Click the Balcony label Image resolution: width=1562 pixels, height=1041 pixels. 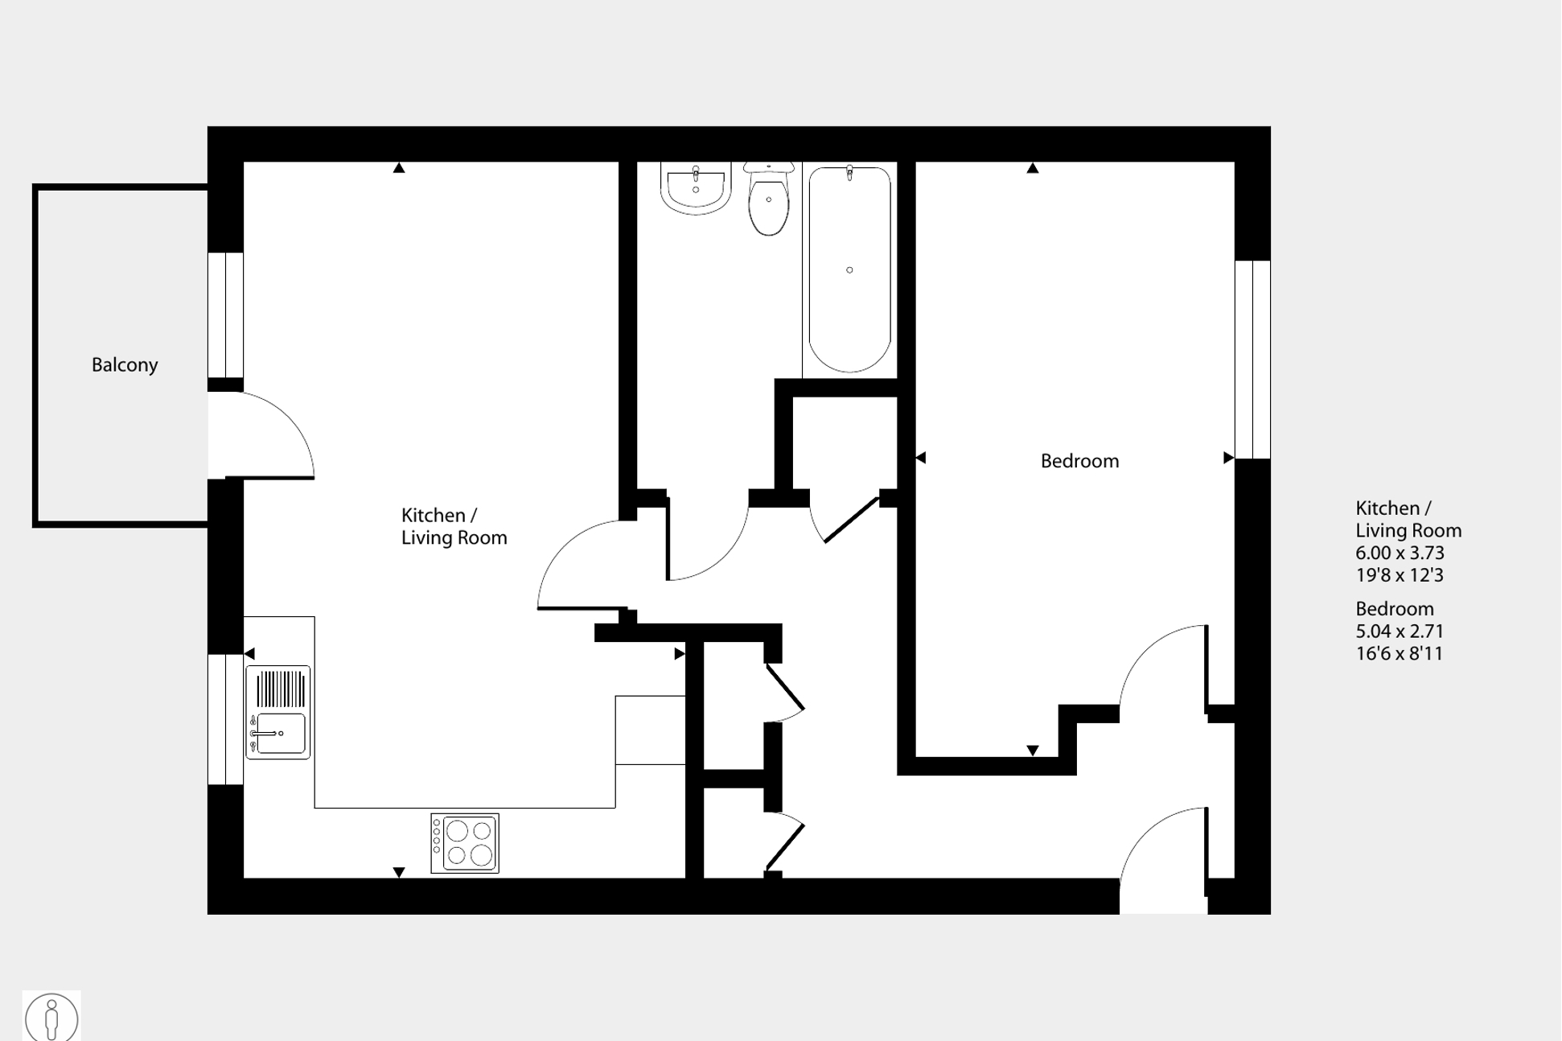[125, 365]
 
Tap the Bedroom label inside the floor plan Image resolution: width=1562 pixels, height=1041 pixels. [1079, 461]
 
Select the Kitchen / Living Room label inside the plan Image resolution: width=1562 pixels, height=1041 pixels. [454, 526]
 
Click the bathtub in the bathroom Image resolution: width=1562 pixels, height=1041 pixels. [849, 270]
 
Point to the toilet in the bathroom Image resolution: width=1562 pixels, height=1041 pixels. [769, 200]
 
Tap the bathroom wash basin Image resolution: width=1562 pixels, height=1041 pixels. [696, 187]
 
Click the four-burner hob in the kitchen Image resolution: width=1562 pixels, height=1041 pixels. [465, 843]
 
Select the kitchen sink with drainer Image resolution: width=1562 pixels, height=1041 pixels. [278, 712]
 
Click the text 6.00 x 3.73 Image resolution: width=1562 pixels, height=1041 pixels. [1400, 553]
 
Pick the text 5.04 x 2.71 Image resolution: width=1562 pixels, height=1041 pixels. [1400, 631]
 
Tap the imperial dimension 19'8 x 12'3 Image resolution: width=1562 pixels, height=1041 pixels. [1400, 575]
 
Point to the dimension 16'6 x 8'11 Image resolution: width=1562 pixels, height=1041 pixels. [1400, 653]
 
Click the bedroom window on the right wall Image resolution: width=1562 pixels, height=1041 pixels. [1252, 360]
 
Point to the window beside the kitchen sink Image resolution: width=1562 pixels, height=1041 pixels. [225, 719]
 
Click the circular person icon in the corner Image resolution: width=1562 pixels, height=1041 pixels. [51, 1017]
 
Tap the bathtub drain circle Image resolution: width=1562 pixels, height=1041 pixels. [849, 270]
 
